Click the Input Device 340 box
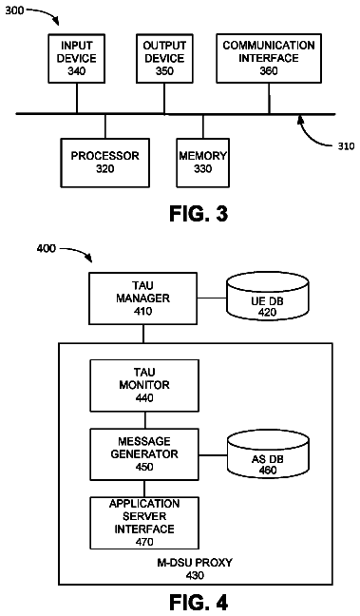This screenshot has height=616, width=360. click(77, 59)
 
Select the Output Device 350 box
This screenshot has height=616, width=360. click(164, 59)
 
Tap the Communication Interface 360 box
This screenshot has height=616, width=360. click(269, 59)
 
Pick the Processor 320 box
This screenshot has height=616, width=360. click(105, 163)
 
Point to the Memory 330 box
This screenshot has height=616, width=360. click(203, 163)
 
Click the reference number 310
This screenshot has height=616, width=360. click(346, 146)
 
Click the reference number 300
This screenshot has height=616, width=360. click(14, 10)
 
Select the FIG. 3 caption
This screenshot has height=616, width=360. click(199, 214)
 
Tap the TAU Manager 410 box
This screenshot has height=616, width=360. click(143, 298)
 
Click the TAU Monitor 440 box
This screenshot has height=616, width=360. click(144, 385)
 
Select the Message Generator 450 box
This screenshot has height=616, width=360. click(144, 454)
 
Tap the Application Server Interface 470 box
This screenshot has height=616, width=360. click(144, 523)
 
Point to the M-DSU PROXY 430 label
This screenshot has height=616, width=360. click(195, 568)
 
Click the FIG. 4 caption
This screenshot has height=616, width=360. click(199, 602)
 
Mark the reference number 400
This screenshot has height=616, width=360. click(47, 249)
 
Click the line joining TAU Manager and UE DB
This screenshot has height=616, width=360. click(212, 298)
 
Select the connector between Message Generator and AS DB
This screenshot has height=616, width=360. click(213, 455)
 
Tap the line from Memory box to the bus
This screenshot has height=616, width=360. click(203, 126)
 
